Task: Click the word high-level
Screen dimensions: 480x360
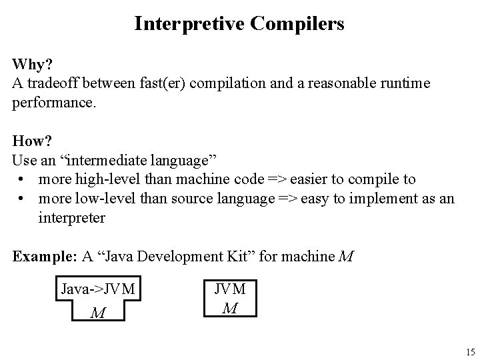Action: (x=101, y=180)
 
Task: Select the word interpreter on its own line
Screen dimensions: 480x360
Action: (x=71, y=218)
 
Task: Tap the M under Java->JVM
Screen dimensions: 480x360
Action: (x=97, y=313)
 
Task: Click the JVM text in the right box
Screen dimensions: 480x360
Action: (x=230, y=289)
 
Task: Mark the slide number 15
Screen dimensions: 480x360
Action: (x=470, y=351)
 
